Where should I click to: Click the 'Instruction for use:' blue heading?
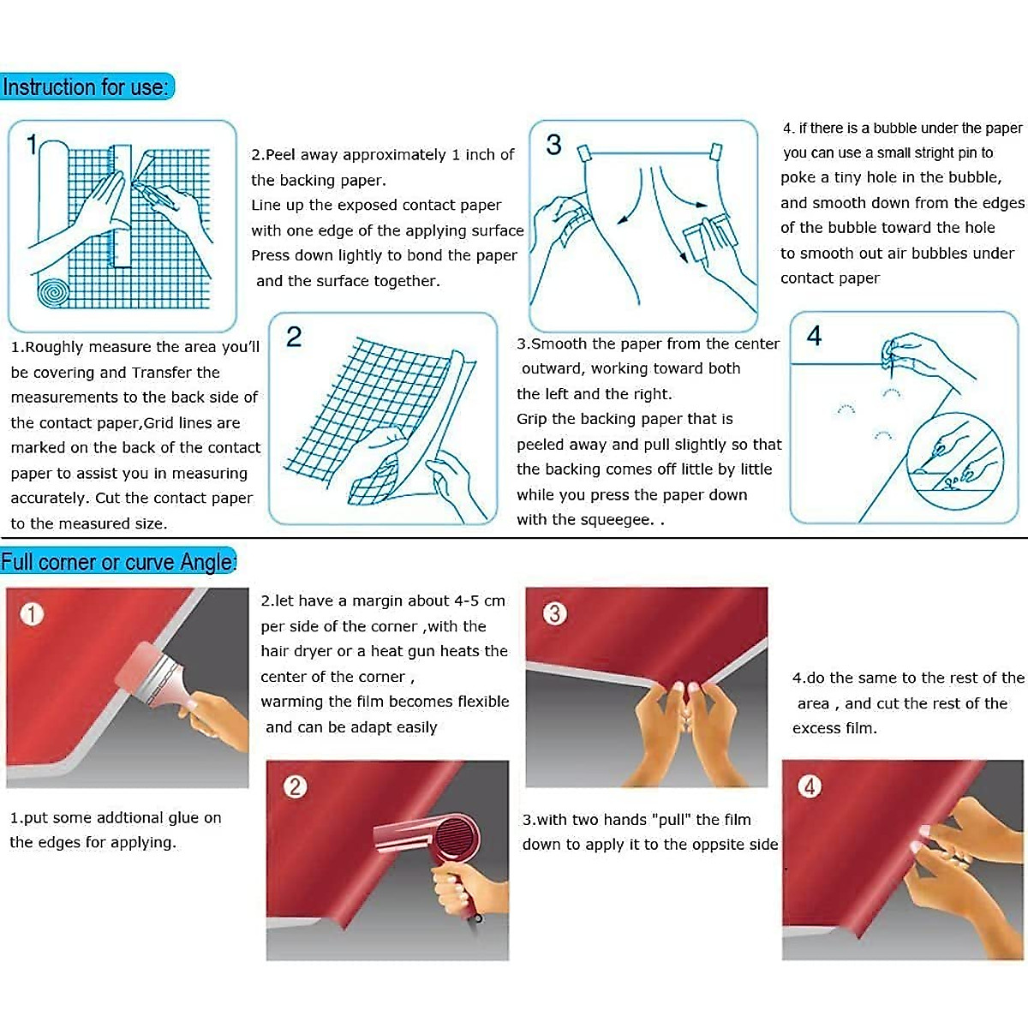click(86, 87)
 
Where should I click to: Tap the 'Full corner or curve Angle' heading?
click(118, 561)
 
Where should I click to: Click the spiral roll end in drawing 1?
click(53, 292)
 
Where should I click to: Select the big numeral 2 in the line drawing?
click(294, 338)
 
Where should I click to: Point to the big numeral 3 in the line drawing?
click(553, 145)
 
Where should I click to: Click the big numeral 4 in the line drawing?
click(814, 336)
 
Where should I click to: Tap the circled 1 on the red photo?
click(32, 614)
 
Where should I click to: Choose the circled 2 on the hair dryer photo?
click(296, 787)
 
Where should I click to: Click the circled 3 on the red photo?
click(555, 613)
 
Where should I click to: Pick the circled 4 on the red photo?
click(810, 786)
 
